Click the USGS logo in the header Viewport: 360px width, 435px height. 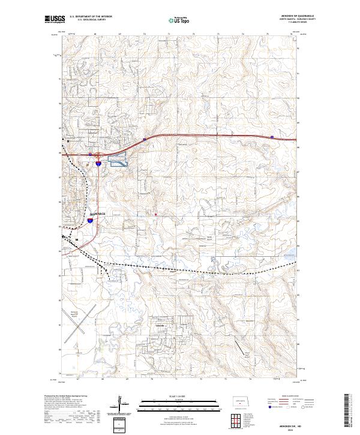click(55, 20)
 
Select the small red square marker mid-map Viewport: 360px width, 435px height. click(155, 213)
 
